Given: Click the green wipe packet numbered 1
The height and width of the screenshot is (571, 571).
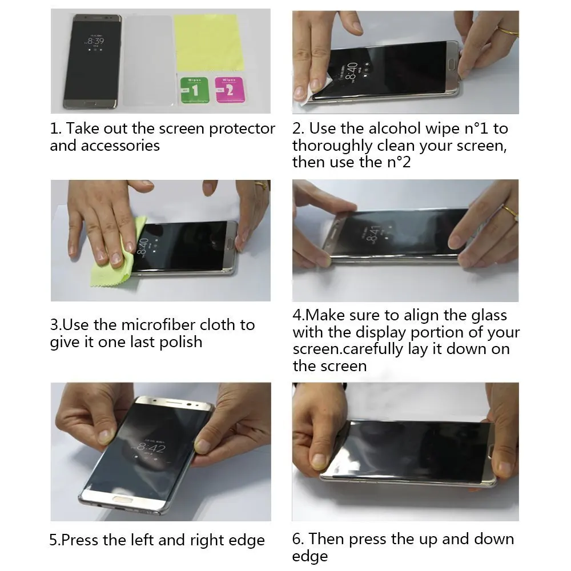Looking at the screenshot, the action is [195, 90].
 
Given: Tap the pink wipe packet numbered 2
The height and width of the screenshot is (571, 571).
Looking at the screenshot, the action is [230, 89].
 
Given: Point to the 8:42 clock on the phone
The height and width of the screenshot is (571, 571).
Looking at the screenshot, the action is [151, 447].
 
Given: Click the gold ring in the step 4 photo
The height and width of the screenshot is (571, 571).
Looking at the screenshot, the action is [510, 212].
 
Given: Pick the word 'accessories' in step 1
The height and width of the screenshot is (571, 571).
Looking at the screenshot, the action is [120, 146].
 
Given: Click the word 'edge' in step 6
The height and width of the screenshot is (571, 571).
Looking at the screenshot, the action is [310, 556].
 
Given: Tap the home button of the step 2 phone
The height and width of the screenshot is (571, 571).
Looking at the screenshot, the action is [452, 66].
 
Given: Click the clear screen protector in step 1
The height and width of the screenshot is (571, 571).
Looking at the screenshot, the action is [148, 61].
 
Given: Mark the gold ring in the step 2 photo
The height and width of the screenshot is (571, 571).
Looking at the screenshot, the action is [508, 31].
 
